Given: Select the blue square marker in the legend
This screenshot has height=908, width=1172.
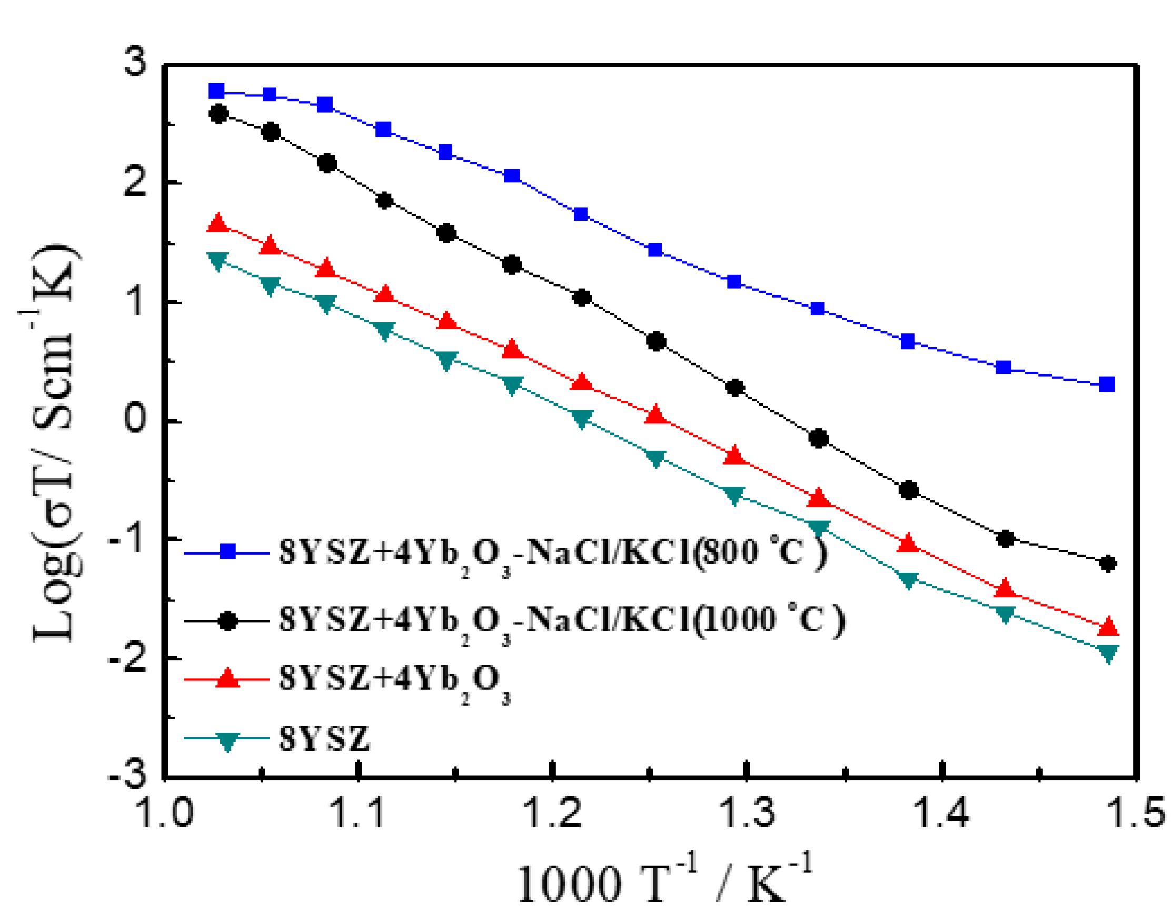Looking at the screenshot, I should point(228,551).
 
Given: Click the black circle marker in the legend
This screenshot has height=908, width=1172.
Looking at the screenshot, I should point(228,621).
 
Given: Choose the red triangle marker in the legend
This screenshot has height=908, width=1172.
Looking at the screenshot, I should point(228,679).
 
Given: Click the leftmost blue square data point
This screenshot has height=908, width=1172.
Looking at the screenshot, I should point(216,91).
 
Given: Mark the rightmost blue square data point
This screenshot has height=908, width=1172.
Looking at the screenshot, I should point(1107,384).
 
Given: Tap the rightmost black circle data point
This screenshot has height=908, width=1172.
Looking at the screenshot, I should point(1108,564).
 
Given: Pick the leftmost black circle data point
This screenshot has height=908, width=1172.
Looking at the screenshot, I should point(218,114).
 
